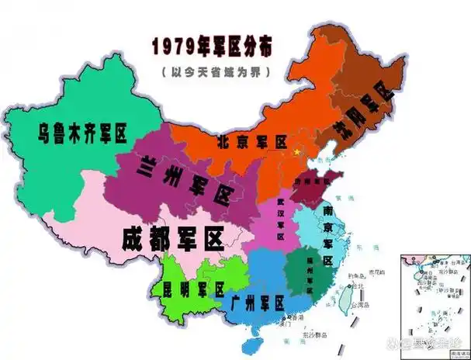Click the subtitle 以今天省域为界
point(212,71)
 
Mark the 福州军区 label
point(310,274)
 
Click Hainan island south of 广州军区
point(251,342)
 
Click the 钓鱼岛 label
point(358,276)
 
